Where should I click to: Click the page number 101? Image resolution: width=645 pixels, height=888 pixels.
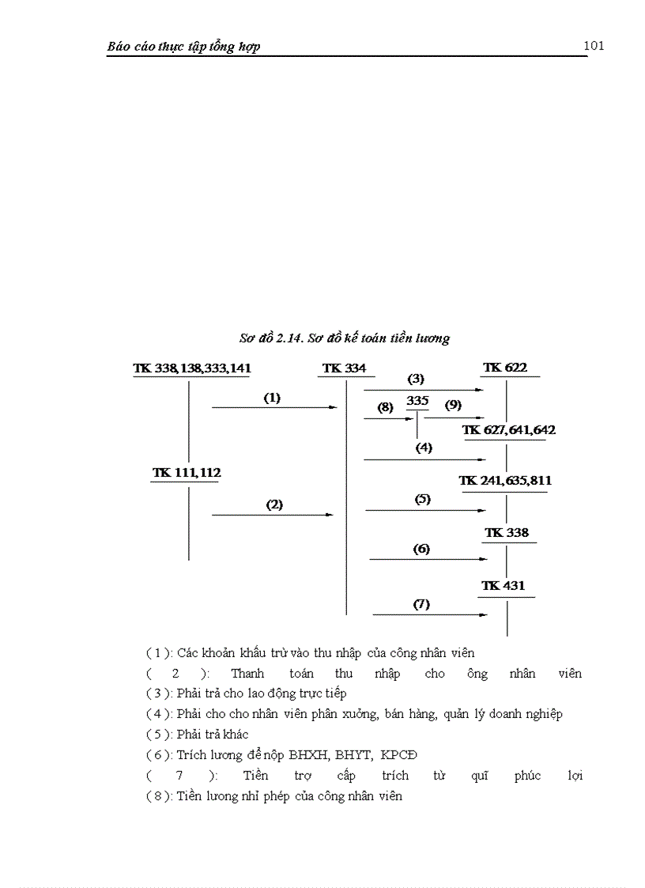point(594,45)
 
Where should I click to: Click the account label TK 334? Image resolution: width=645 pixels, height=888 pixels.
point(344,368)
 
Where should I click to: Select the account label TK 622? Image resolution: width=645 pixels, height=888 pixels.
point(505,367)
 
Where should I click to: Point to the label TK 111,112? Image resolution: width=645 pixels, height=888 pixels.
point(187,472)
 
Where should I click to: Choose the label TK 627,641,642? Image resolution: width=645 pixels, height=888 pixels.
point(509,430)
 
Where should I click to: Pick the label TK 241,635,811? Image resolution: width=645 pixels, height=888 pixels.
point(505,481)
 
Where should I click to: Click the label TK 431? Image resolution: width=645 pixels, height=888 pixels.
point(504,586)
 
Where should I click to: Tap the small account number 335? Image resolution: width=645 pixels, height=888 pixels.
point(417,401)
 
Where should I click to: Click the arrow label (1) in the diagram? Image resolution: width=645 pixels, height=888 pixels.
point(272,398)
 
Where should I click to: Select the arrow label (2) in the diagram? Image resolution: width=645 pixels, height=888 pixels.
point(274,504)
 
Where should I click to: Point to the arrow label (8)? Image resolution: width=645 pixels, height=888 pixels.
point(385,408)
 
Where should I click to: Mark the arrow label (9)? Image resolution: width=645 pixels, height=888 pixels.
point(453,406)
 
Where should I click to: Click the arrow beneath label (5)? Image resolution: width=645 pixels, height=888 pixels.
point(425,510)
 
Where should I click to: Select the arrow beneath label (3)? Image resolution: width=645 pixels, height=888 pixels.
point(423,390)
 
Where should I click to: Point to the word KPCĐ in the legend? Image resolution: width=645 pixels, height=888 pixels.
point(409,755)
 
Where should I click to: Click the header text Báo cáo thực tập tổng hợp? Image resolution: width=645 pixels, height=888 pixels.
point(184,47)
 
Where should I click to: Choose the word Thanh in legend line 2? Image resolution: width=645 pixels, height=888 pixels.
point(247,674)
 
